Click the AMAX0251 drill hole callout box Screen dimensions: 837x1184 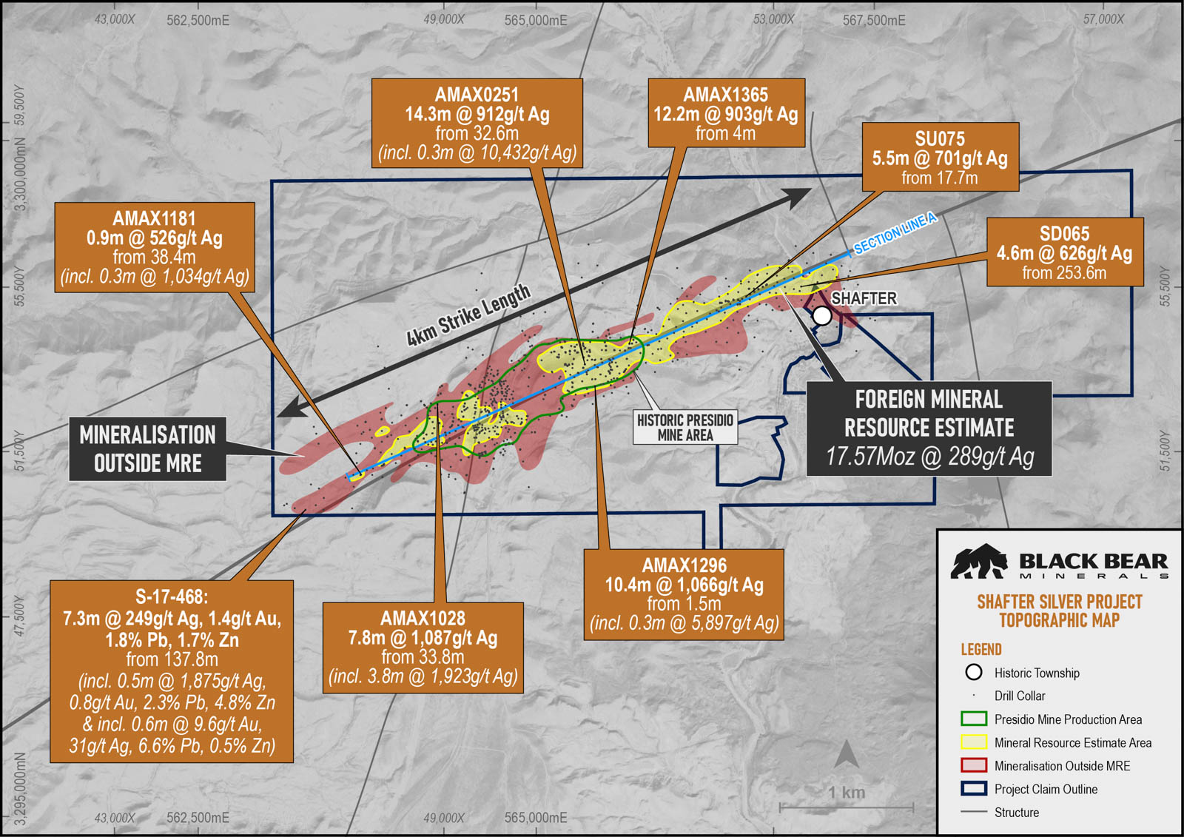[477, 124]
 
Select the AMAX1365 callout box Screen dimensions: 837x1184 [726, 113]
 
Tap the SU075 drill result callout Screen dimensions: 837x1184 [940, 158]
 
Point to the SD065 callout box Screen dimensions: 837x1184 [1064, 252]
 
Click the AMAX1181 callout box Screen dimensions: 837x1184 [155, 247]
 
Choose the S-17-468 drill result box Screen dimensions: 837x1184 [172, 671]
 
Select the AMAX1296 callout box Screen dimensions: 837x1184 [684, 594]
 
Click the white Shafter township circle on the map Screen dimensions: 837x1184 [822, 316]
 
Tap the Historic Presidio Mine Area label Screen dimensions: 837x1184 [685, 428]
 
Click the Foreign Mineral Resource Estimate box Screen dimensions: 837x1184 [929, 428]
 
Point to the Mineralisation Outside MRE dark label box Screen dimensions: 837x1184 [147, 449]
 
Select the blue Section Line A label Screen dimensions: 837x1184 [895, 232]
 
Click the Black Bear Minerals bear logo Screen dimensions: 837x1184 [978, 562]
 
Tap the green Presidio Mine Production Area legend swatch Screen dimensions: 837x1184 [973, 719]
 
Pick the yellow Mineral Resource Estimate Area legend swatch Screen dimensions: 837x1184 [973, 742]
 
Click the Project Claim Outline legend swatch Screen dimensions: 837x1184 [973, 789]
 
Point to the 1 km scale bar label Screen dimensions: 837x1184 [847, 793]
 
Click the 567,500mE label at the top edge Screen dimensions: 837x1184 [874, 21]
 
